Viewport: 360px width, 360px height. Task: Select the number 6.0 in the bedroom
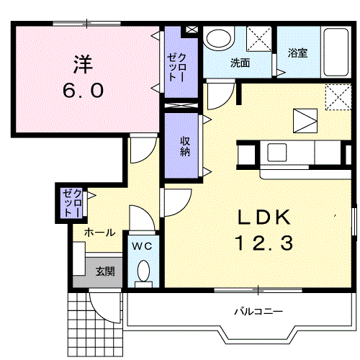[x=83, y=91]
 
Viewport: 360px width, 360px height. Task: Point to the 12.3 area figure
[x=262, y=244]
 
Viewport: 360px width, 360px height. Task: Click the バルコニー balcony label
[x=258, y=312]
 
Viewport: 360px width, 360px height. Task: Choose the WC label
[x=143, y=246]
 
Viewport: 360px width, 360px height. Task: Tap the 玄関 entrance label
[x=105, y=271]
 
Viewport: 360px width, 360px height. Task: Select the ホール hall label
[x=99, y=233]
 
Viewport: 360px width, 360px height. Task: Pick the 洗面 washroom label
[x=240, y=63]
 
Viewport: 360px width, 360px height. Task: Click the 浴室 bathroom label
[x=297, y=53]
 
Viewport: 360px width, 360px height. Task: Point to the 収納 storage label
[x=185, y=146]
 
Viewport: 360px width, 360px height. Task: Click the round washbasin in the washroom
[x=217, y=38]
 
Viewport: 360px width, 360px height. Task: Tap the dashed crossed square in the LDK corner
[x=335, y=95]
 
